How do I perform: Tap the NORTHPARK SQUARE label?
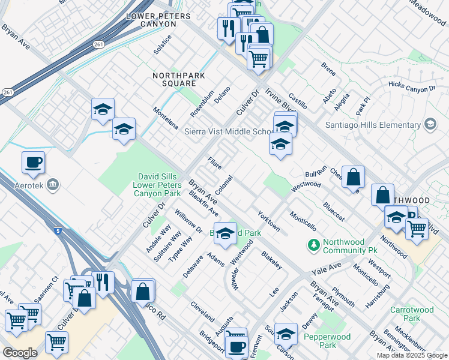click(x=179, y=80)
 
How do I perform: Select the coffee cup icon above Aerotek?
click(x=33, y=162)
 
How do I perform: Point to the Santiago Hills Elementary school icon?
click(x=430, y=124)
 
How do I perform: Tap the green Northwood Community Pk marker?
click(x=313, y=244)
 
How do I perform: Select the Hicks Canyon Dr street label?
click(x=412, y=88)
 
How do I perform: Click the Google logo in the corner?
click(x=20, y=353)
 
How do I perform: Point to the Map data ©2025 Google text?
click(x=411, y=355)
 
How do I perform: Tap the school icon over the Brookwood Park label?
click(x=225, y=234)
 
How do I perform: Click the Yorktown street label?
click(x=268, y=221)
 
